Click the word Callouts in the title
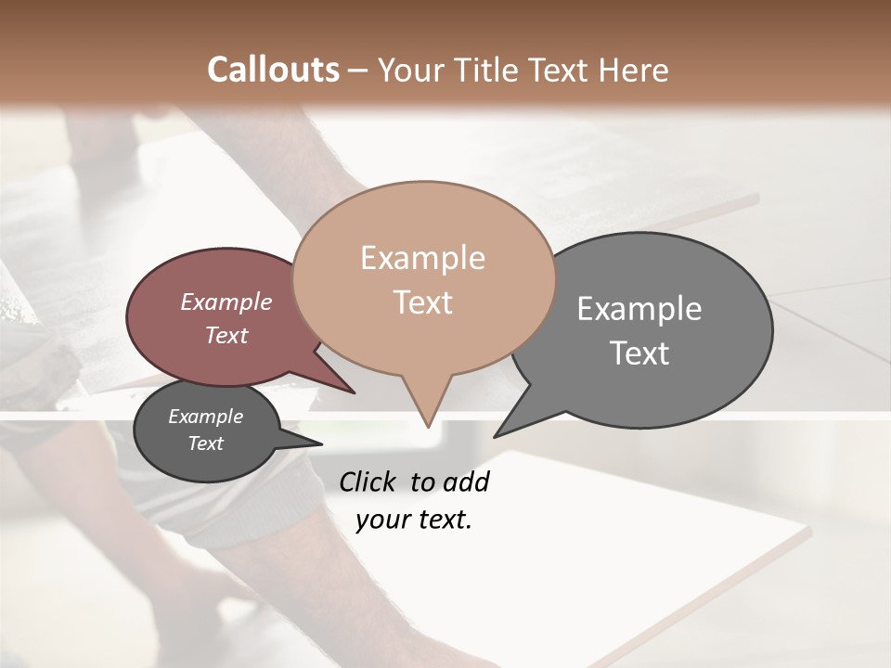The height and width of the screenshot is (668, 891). tap(273, 70)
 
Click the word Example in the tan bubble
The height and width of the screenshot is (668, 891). tap(422, 258)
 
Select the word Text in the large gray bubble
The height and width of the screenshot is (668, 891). tap(639, 353)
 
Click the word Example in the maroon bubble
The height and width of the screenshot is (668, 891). tap(226, 302)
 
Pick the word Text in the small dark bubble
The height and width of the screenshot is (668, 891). tap(206, 443)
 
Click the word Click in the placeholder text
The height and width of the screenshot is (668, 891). tap(368, 482)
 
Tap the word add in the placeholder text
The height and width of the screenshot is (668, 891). tap(466, 482)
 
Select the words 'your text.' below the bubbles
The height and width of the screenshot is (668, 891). tap(414, 520)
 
